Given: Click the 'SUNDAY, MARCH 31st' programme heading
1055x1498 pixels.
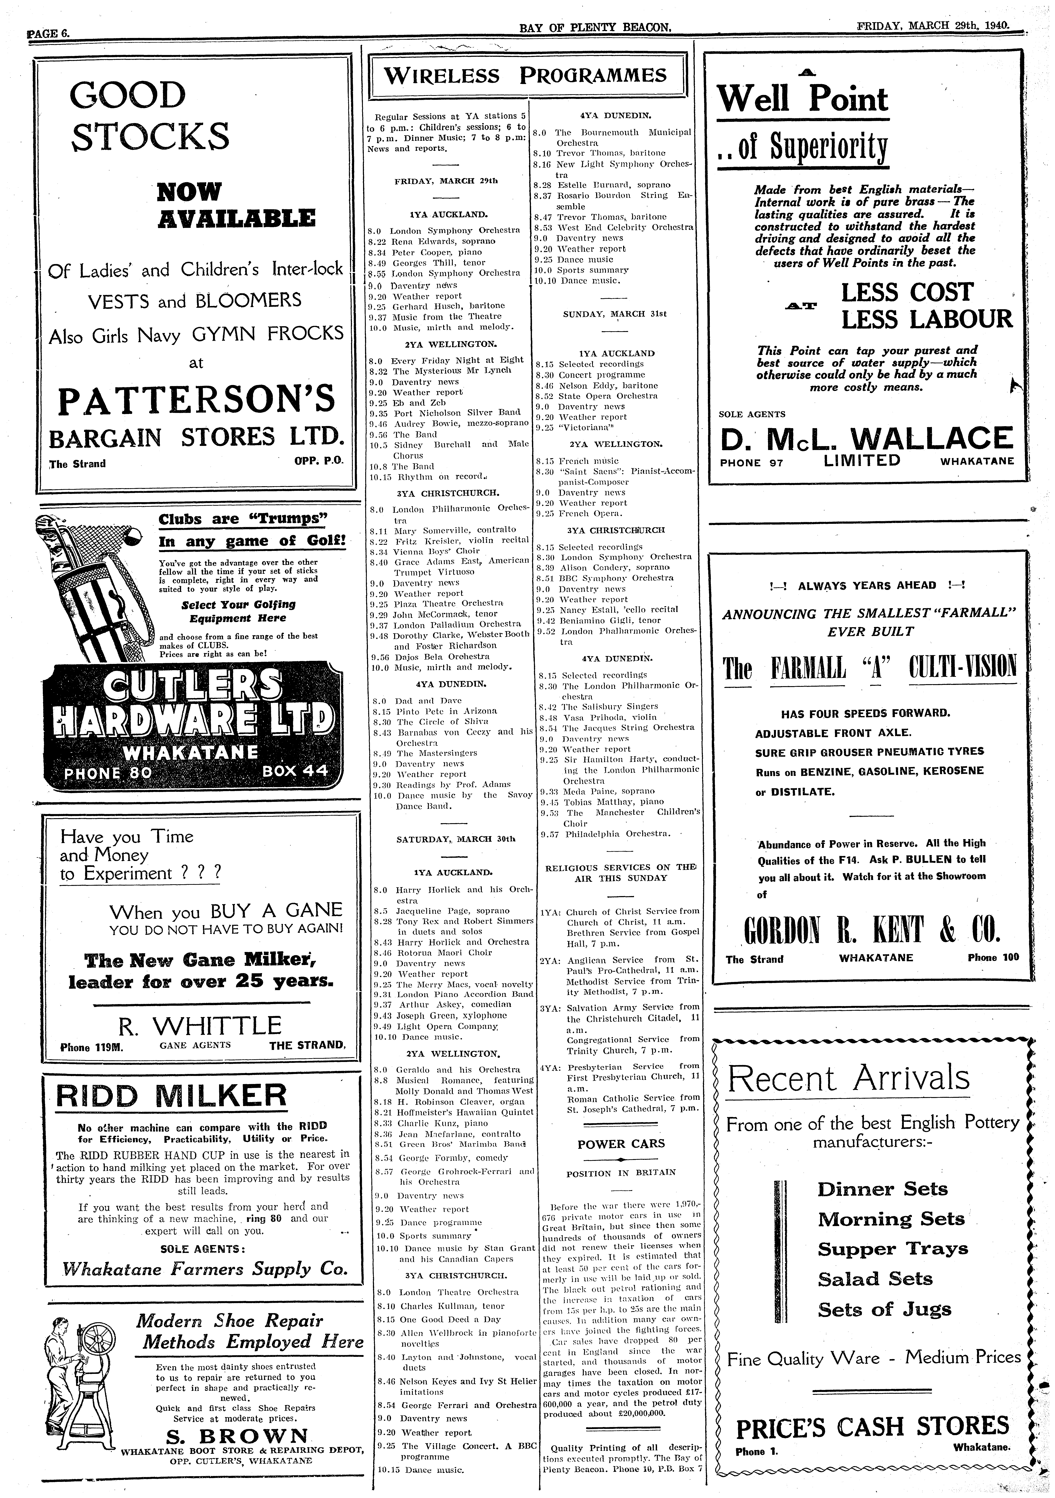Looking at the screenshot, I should (x=615, y=314).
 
